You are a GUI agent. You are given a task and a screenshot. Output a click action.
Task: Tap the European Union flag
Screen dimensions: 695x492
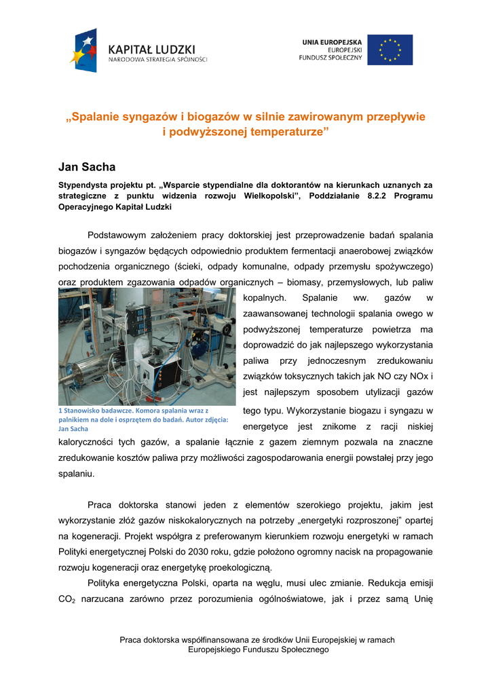[390, 50]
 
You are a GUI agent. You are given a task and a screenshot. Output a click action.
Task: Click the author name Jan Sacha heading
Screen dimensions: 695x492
[87, 166]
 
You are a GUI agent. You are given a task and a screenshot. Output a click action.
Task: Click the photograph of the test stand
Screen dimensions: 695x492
[147, 346]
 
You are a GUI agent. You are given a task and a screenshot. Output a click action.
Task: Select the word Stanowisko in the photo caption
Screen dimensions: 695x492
[86, 411]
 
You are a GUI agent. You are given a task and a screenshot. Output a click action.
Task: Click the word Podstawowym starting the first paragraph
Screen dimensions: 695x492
[126, 236]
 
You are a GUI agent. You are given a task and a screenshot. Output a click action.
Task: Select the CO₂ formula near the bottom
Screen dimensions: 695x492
[67, 599]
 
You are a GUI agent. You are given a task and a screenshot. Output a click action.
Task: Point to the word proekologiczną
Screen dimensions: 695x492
[240, 567]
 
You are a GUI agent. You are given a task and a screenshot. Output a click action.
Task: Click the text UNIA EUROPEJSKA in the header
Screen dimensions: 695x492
[332, 42]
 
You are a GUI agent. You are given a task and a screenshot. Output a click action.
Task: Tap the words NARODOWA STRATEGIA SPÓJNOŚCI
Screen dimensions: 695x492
[158, 60]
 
